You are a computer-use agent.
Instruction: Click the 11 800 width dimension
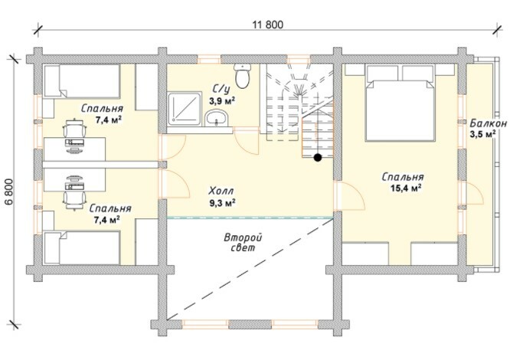(x=268, y=25)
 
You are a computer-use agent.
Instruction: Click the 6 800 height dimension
(x=9, y=191)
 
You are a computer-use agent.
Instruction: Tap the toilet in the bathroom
(x=242, y=76)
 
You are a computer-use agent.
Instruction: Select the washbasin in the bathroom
(x=216, y=118)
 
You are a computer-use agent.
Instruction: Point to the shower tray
(x=185, y=109)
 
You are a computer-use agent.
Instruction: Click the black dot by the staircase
(x=317, y=158)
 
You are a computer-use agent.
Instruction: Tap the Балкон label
(x=488, y=123)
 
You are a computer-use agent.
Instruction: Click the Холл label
(x=221, y=190)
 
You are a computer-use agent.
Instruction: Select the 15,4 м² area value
(x=405, y=188)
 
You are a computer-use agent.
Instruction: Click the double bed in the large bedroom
(x=400, y=103)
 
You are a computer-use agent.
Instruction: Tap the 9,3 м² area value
(x=223, y=203)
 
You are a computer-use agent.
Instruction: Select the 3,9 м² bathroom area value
(x=223, y=100)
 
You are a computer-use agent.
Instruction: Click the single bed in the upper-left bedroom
(x=82, y=81)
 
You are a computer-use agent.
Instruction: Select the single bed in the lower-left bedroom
(x=82, y=247)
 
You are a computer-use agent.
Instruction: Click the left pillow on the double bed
(x=383, y=73)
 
